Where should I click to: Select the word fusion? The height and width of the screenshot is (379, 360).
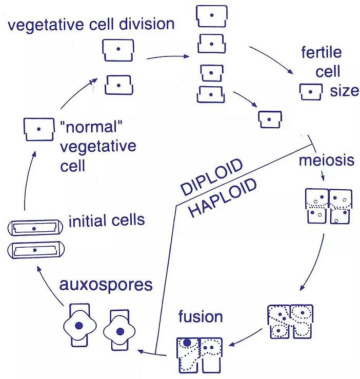pyautogui.click(x=201, y=316)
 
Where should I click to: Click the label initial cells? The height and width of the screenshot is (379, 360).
pyautogui.click(x=107, y=221)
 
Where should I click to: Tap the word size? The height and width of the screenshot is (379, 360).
pyautogui.click(x=344, y=91)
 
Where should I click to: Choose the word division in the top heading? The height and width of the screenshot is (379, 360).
pyautogui.click(x=145, y=24)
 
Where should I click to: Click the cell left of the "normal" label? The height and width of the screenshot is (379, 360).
pyautogui.click(x=38, y=129)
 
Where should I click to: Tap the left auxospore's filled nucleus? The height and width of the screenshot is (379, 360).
pyautogui.click(x=78, y=326)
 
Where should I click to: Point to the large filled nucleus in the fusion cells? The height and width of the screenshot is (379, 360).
pyautogui.click(x=187, y=343)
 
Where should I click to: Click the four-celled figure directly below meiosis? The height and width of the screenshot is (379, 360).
pyautogui.click(x=328, y=206)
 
